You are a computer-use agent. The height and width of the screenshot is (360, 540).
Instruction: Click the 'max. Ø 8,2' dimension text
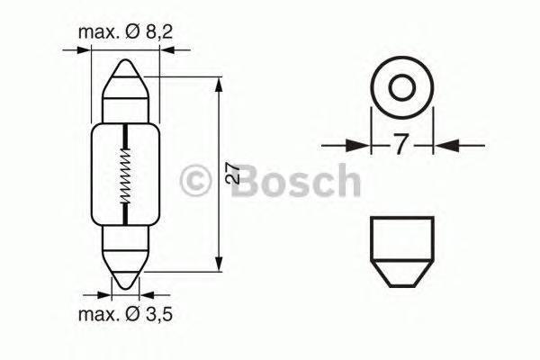[125, 33]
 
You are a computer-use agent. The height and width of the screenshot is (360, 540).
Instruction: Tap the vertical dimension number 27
[233, 173]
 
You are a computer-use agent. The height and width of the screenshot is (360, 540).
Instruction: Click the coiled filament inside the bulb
[126, 175]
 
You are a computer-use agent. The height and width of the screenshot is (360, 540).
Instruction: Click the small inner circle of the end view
[402, 88]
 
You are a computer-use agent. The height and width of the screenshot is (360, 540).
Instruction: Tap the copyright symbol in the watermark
[196, 181]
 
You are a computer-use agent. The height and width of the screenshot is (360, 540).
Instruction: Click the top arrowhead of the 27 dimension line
[220, 84]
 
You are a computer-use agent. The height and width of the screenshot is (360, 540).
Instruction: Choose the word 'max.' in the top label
[98, 33]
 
